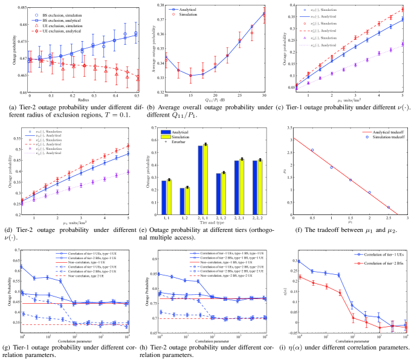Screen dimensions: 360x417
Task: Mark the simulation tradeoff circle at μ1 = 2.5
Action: pos(389,207)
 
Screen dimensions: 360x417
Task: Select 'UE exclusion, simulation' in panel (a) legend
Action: pos(48,24)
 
